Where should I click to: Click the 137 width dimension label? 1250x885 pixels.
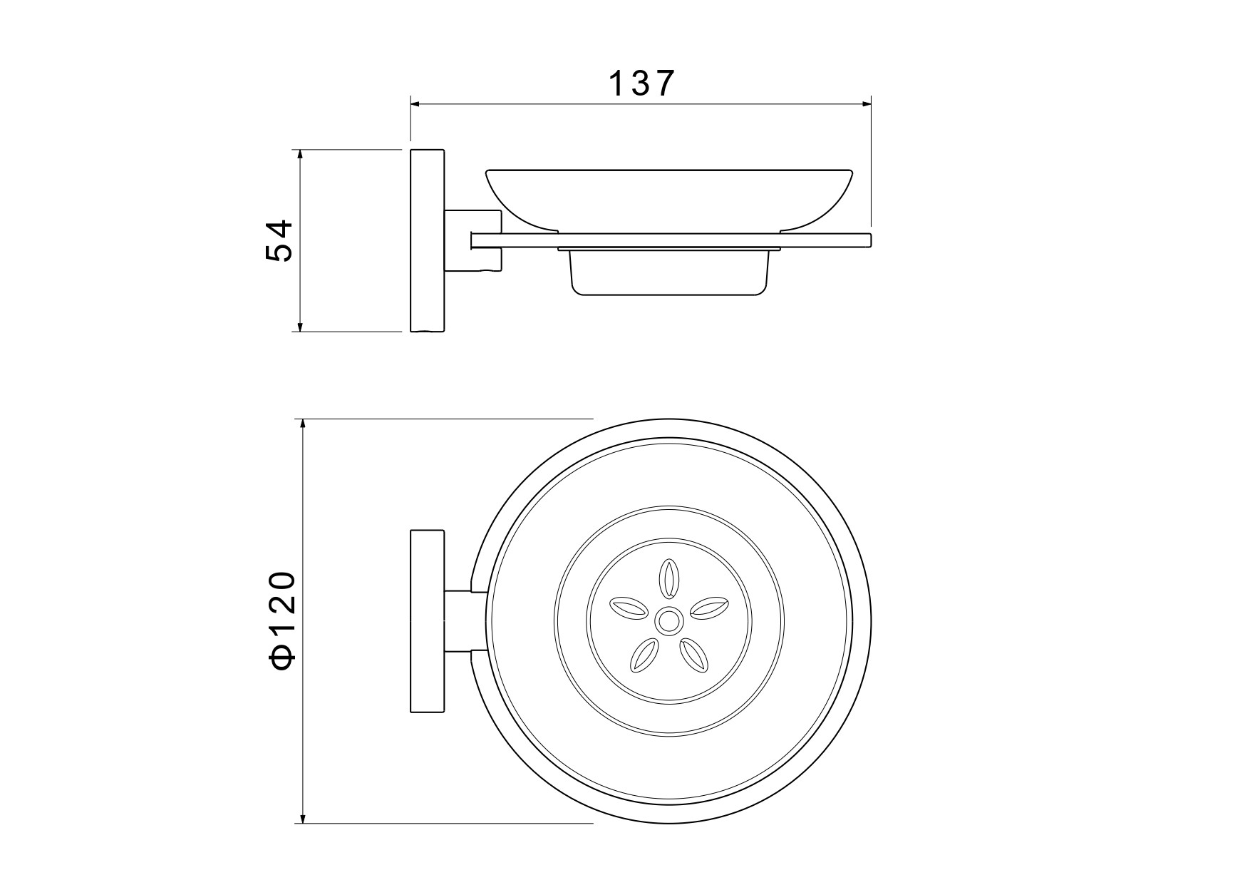pos(641,83)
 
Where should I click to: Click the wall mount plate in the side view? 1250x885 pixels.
pos(427,240)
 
